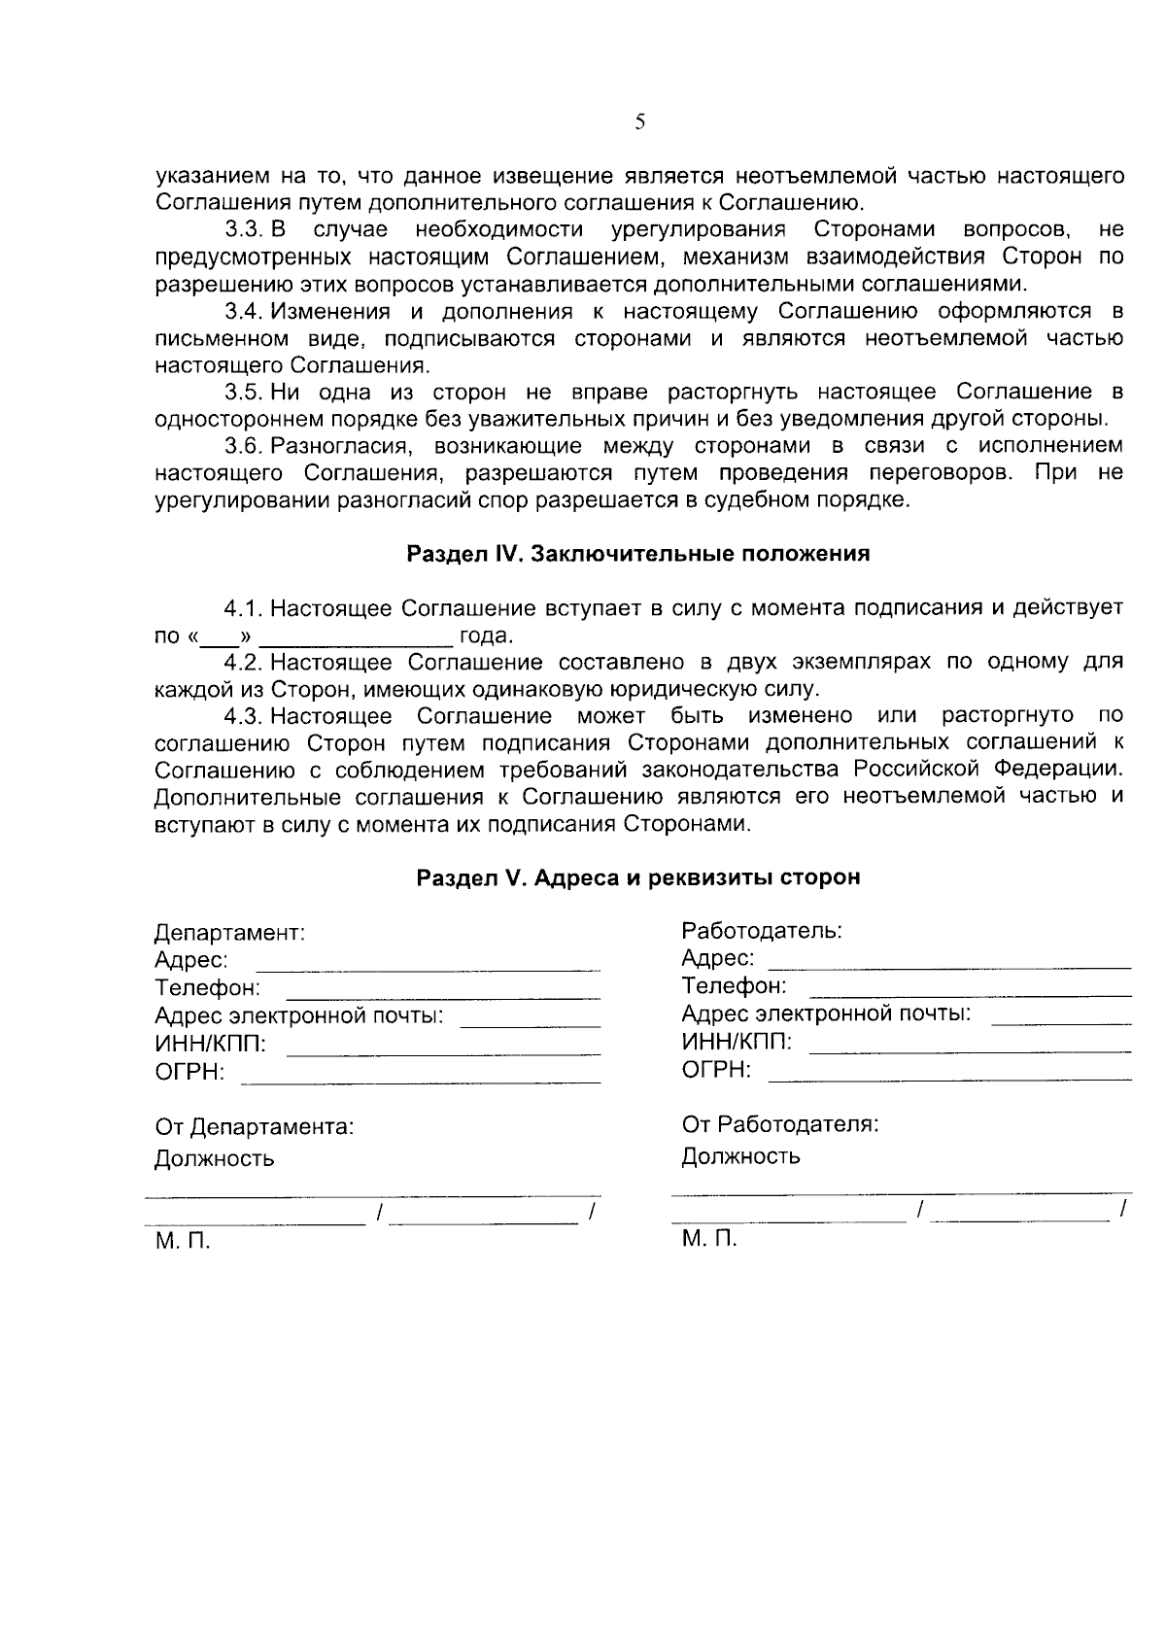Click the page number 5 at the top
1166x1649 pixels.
point(639,122)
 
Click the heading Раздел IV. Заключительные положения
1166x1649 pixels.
point(637,554)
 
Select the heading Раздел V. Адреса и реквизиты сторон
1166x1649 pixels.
point(637,877)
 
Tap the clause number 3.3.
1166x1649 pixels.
point(244,230)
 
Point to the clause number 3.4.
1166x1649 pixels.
point(244,312)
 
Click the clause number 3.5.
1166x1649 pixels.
point(244,393)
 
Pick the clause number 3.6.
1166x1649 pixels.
point(244,446)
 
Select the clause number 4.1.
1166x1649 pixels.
point(244,609)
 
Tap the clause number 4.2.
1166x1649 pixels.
point(244,663)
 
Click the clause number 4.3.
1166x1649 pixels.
point(244,716)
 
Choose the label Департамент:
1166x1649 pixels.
point(230,933)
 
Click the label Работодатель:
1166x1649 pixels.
point(761,931)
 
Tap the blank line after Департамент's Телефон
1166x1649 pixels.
point(443,997)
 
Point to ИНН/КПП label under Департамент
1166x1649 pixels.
point(210,1045)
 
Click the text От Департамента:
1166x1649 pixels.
point(255,1127)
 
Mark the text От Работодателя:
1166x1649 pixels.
point(780,1125)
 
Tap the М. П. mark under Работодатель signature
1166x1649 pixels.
point(709,1239)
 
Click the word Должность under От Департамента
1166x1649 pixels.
point(215,1159)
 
